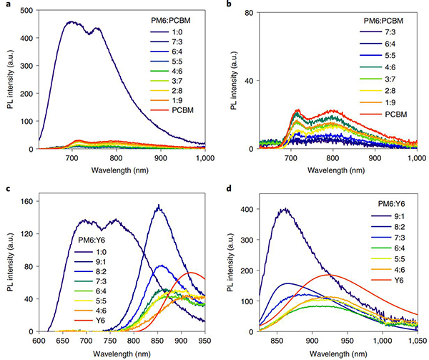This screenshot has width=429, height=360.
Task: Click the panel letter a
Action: pos(4,4)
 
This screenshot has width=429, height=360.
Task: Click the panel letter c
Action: pos(4,188)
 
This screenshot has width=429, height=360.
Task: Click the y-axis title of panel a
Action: pos(7,80)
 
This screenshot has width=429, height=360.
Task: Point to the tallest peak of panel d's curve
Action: pos(286,209)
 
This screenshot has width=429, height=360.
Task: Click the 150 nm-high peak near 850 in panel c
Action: pos(158,206)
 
